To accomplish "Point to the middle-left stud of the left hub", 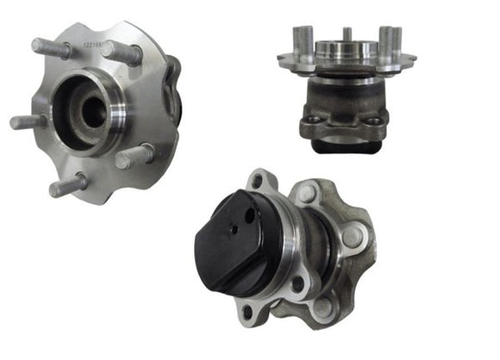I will (x=28, y=121).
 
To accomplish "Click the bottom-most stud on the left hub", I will (x=67, y=185).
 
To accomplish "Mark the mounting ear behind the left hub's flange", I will (x=174, y=86).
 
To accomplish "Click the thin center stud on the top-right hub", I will (x=347, y=36).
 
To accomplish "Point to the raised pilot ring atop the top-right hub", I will (x=345, y=50).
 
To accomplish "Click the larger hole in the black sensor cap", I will (x=249, y=216).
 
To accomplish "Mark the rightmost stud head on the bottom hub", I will (x=353, y=233).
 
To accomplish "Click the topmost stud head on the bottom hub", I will (x=306, y=194).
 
